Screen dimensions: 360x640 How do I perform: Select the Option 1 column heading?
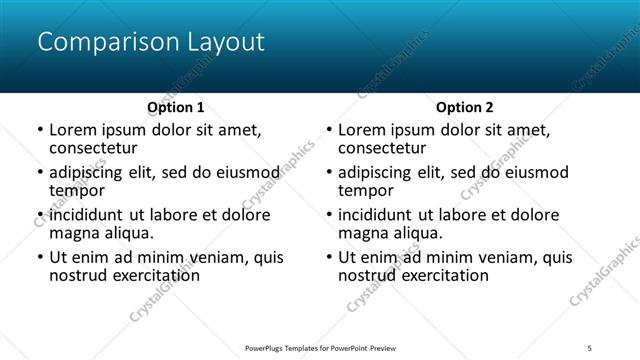[176, 107]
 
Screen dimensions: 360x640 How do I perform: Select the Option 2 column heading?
[465, 107]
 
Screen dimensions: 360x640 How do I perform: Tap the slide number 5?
[590, 347]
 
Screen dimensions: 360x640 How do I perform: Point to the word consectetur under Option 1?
[93, 148]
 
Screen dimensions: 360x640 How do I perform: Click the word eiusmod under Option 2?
[534, 172]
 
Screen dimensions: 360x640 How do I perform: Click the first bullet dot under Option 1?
[39, 131]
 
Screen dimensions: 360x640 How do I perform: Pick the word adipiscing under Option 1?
[92, 172]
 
